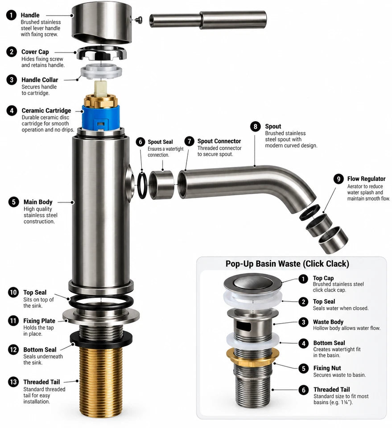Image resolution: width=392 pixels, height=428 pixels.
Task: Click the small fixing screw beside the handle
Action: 140,19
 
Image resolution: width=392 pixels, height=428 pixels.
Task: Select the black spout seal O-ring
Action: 142,185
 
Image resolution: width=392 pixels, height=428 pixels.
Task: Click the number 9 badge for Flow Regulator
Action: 338,179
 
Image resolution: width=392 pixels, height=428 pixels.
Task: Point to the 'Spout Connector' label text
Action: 219,141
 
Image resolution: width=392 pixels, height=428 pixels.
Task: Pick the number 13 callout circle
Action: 13,382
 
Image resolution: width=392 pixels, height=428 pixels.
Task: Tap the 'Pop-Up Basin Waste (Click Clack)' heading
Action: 287,263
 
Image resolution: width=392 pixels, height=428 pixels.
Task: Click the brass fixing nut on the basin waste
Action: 253,356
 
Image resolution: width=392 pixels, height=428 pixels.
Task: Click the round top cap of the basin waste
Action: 252,283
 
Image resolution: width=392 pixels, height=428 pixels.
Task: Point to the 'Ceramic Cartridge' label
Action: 46,111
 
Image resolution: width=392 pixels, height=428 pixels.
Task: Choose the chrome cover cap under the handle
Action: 101,53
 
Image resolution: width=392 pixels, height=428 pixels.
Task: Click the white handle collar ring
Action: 101,71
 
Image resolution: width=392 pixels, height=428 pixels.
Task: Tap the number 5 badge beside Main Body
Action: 13,202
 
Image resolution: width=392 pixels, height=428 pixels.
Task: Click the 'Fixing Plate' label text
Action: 39,321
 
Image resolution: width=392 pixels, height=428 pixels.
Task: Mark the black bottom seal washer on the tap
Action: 101,338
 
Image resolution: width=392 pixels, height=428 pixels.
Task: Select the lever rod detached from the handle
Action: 208,20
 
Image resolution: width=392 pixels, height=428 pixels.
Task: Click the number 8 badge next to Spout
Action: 255,126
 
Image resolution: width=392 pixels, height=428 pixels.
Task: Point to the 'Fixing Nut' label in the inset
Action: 327,368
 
